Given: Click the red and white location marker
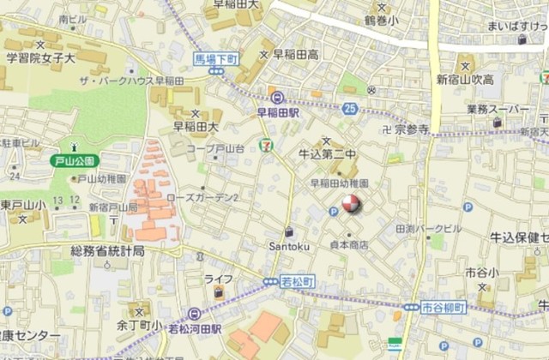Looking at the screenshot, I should coord(352,204).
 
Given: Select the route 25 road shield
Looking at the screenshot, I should coord(350,109).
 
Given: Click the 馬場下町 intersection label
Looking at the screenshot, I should coord(214,58).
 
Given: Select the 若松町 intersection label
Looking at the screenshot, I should coord(298,281).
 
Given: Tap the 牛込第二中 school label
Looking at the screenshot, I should coord(326,154).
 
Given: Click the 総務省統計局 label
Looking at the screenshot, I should coord(107,250).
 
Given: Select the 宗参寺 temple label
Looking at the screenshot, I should coord(412,130).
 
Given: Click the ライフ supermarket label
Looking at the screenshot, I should coord(219,279).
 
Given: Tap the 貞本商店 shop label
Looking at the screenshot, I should coord(348,245).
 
